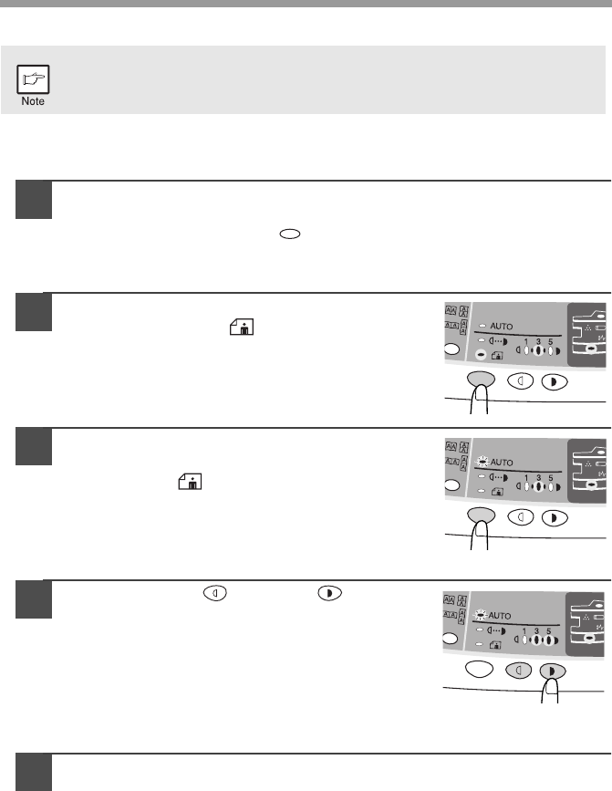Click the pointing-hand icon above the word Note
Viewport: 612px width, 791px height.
[x=33, y=79]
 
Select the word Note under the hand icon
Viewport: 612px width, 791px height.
[x=33, y=101]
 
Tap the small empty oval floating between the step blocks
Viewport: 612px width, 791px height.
[x=290, y=234]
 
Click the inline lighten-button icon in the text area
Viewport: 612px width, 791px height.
[x=214, y=593]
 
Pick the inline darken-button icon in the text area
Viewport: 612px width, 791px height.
[x=329, y=593]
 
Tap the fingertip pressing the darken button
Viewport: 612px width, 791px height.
[x=550, y=690]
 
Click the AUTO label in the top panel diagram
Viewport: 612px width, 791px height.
[x=501, y=327]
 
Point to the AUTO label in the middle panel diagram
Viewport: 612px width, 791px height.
[x=501, y=462]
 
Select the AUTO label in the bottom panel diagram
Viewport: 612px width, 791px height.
[x=499, y=616]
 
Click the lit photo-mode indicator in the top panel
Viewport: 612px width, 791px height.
[x=481, y=355]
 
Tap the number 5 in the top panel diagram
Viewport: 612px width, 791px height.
[x=551, y=341]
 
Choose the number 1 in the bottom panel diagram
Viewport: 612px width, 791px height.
[x=524, y=631]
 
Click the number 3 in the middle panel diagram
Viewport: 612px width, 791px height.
[x=538, y=477]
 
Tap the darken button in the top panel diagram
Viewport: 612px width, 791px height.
[x=555, y=382]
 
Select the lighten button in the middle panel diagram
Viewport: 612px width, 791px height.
[x=520, y=517]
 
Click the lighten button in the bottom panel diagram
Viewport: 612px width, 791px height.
[x=518, y=671]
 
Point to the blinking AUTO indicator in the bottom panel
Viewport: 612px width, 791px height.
[x=480, y=615]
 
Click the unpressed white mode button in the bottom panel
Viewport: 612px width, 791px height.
[x=479, y=670]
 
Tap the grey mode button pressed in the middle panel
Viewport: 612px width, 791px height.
[x=481, y=515]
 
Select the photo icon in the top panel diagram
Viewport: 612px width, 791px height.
[x=496, y=356]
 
